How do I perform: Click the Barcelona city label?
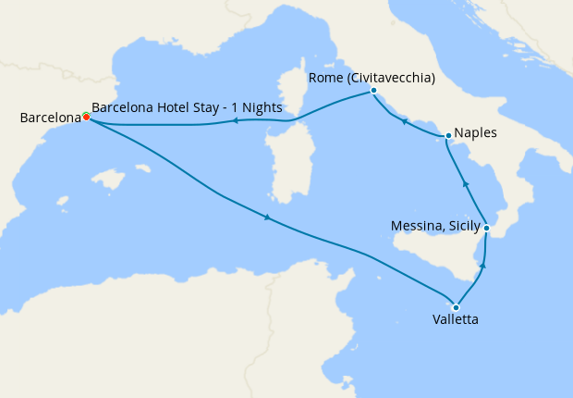(x=50, y=118)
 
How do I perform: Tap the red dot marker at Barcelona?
(x=86, y=117)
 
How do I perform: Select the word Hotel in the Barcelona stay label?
(x=168, y=107)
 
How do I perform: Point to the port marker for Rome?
(x=373, y=91)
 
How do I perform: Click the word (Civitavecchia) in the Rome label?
(x=389, y=78)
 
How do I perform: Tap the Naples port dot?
(x=448, y=136)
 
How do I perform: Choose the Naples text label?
(x=476, y=132)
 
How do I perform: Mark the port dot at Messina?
(x=486, y=228)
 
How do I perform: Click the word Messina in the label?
(x=417, y=225)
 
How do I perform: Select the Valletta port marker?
(x=456, y=307)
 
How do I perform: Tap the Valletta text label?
(x=456, y=321)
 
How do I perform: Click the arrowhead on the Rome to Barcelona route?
(x=235, y=120)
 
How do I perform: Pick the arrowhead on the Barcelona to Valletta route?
(x=268, y=218)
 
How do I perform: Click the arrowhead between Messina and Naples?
(x=466, y=185)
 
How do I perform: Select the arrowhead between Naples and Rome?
(x=404, y=120)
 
